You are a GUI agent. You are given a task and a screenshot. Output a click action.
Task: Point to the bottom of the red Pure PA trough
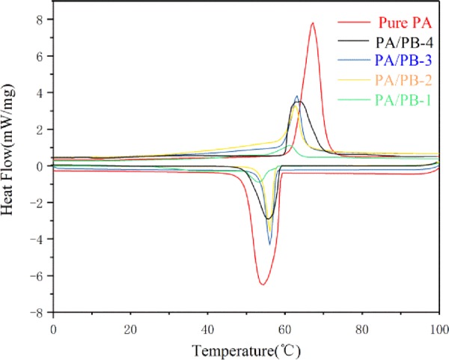point(262,284)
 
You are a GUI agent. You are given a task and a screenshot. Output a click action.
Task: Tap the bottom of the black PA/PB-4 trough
point(268,219)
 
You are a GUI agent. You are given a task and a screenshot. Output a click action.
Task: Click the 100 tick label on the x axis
point(439,328)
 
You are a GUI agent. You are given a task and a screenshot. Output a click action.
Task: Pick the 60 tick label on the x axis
point(284,328)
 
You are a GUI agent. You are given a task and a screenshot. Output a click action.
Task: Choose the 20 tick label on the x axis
point(130,328)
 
